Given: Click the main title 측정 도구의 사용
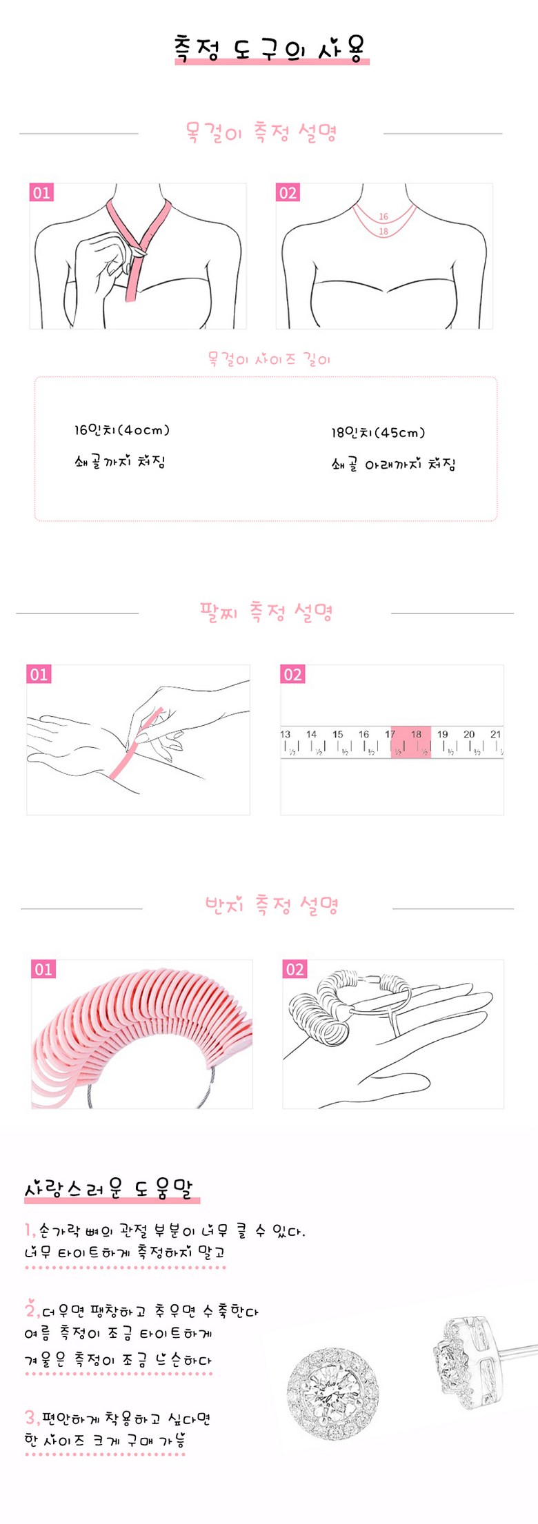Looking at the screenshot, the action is pyautogui.click(x=270, y=48).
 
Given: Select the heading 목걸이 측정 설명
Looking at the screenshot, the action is pyautogui.click(x=261, y=132).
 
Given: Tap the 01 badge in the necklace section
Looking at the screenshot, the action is pyautogui.click(x=41, y=192).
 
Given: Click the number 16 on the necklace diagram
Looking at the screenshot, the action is pyautogui.click(x=383, y=216).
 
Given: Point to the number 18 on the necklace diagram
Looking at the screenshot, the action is pyautogui.click(x=383, y=232).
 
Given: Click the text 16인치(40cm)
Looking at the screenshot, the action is pyautogui.click(x=122, y=430).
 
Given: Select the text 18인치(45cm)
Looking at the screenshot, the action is pyautogui.click(x=378, y=433).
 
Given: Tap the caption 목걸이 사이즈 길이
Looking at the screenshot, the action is pyautogui.click(x=270, y=359).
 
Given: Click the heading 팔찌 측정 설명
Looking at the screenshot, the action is pyautogui.click(x=266, y=611).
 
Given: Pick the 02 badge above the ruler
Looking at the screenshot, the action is pyautogui.click(x=292, y=674).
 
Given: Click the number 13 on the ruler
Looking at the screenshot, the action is pyautogui.click(x=286, y=734).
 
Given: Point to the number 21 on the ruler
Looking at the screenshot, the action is pyautogui.click(x=495, y=734).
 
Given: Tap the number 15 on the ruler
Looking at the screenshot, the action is pyautogui.click(x=338, y=734).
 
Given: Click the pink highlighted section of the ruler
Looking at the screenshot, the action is pyautogui.click(x=411, y=742).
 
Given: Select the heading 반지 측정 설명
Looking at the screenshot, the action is pyautogui.click(x=271, y=904).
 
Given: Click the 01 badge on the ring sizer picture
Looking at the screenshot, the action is pyautogui.click(x=43, y=969).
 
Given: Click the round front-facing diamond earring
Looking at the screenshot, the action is pyautogui.click(x=333, y=1402).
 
